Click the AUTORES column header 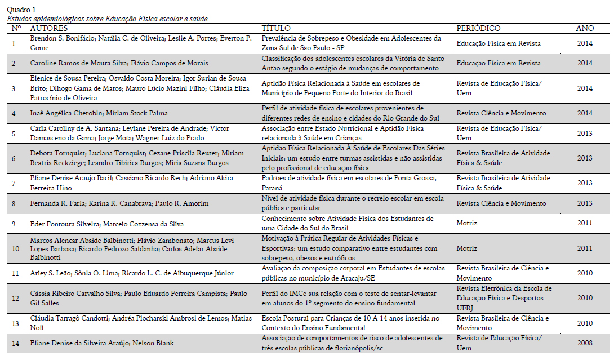click(48, 28)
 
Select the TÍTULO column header click(276, 28)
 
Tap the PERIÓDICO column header click(478, 28)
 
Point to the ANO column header click(585, 28)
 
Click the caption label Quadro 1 click(21, 10)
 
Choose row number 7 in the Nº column click(14, 183)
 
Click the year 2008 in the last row click(585, 343)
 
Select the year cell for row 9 click(585, 223)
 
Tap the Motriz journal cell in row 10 click(466, 248)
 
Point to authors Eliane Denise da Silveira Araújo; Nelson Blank click(102, 343)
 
